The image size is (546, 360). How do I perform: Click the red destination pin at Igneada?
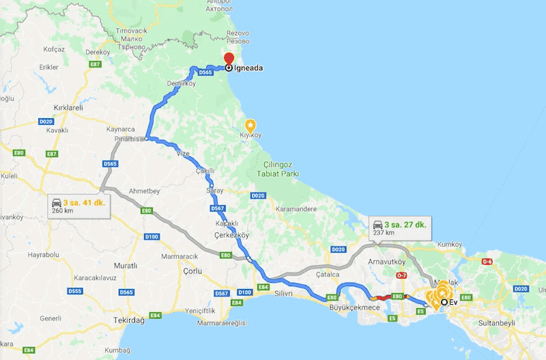(229, 59)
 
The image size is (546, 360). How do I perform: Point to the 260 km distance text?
(60, 211)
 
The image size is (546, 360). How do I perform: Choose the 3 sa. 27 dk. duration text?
(406, 224)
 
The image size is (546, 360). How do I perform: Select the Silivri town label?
(283, 294)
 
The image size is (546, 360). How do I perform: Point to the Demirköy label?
(181, 83)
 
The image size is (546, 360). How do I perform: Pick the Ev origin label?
(452, 303)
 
